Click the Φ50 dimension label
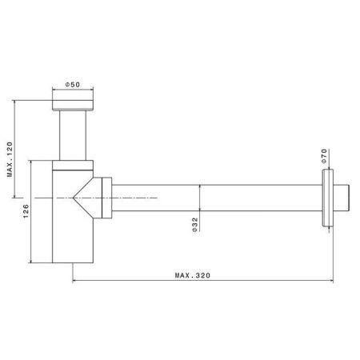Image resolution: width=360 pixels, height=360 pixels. [73, 84]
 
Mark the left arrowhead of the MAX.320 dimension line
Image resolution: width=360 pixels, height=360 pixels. [75, 280]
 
